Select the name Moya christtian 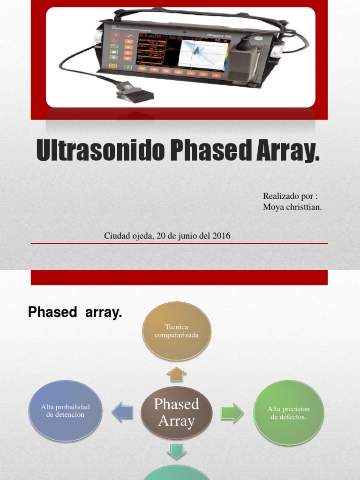[x=292, y=207]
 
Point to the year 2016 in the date [x=221, y=236]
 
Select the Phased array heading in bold [x=75, y=312]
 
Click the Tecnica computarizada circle [x=177, y=331]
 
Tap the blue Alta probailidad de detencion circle [x=65, y=411]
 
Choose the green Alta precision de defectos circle [x=289, y=412]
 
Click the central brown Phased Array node [x=177, y=412]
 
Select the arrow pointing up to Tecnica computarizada [x=177, y=374]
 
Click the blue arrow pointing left [x=122, y=412]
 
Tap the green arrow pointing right [x=232, y=412]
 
